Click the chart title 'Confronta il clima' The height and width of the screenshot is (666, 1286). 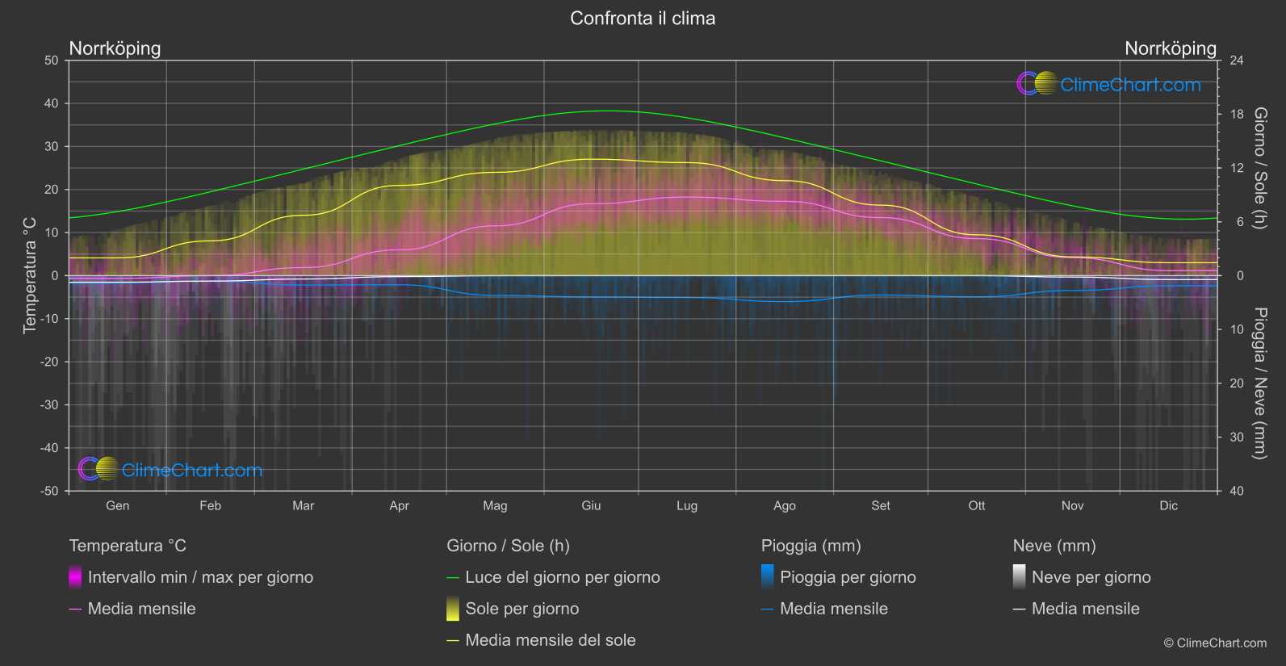pos(643,19)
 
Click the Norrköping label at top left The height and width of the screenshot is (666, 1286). pos(115,48)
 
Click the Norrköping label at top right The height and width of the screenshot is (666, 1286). pos(1170,48)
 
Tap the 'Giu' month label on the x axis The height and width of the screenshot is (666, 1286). pos(591,505)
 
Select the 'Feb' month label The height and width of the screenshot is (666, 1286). pos(210,505)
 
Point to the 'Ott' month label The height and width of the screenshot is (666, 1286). pos(976,505)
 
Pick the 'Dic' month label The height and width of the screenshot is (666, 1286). pos(1168,505)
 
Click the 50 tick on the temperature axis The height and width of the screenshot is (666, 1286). pos(52,61)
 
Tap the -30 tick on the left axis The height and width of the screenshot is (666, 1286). pos(50,405)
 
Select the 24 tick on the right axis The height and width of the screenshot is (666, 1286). pos(1236,61)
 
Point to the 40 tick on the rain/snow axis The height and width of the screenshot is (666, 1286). pos(1236,491)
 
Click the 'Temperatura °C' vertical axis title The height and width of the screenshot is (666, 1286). pos(30,274)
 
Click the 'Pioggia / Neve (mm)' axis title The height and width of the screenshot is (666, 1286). pos(1259,383)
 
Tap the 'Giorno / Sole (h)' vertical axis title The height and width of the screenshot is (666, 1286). pos(1259,168)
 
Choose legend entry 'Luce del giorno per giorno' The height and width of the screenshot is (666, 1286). pos(562,577)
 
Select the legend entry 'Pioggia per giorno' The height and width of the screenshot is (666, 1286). pos(847,577)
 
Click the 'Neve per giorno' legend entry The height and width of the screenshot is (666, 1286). pos(1091,577)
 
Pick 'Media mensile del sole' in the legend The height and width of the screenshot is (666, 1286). pos(550,640)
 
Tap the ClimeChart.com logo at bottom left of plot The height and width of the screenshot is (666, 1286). pos(171,470)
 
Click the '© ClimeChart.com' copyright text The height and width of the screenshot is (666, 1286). pos(1215,643)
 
